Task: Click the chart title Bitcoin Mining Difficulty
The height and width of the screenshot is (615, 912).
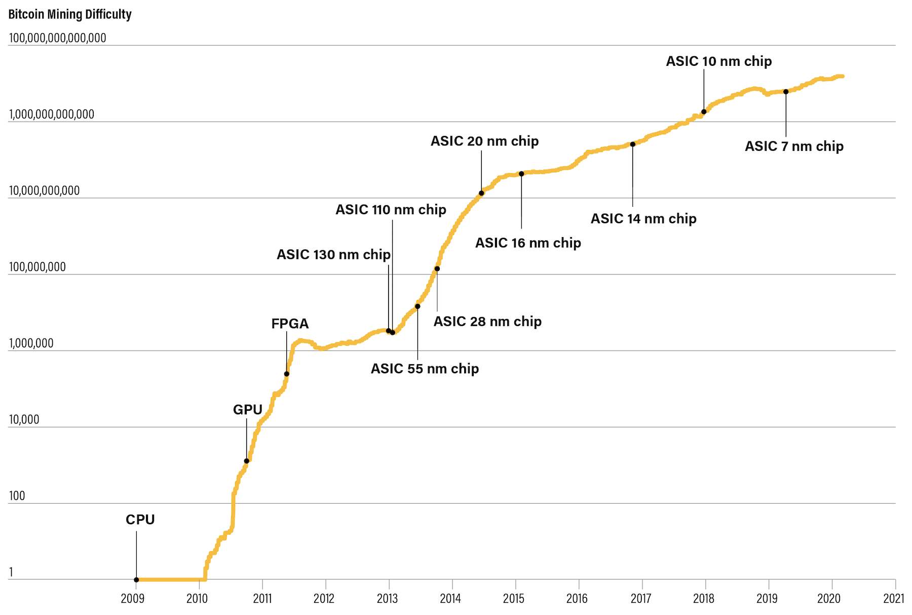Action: tap(70, 14)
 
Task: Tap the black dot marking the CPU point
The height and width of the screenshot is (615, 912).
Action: tap(136, 580)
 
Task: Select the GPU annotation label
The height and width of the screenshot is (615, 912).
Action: tap(247, 409)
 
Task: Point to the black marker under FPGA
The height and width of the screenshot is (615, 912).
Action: tap(287, 374)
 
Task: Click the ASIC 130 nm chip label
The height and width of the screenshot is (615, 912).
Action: tap(333, 254)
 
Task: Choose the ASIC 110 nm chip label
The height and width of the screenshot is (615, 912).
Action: tap(391, 210)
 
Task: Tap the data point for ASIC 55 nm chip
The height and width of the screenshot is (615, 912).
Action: tap(417, 306)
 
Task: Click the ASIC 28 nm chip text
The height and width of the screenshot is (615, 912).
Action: tap(487, 322)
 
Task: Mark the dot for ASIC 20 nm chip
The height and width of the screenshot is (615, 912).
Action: tap(481, 193)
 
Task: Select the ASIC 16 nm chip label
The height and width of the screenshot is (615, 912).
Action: tap(528, 243)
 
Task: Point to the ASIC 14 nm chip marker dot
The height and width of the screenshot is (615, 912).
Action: tap(632, 144)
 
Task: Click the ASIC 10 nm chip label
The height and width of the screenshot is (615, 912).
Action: tap(718, 61)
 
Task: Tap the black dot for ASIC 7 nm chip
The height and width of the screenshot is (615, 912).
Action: tap(786, 92)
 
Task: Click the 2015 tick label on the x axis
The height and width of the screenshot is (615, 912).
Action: tap(514, 599)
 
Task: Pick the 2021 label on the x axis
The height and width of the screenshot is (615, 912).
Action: tap(893, 599)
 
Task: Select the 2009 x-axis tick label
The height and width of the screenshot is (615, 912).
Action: tap(133, 599)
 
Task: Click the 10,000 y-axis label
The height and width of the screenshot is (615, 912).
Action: tap(24, 419)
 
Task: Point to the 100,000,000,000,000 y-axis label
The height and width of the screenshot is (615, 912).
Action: tap(58, 38)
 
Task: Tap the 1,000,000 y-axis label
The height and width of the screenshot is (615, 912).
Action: tap(31, 343)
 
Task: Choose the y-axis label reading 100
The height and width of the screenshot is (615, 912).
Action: tap(17, 496)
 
